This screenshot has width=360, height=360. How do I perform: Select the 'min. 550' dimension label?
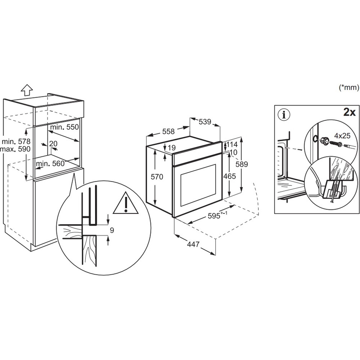click(64, 127)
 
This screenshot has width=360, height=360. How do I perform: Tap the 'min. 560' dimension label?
click(50, 163)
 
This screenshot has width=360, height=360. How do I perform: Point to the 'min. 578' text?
click(15, 141)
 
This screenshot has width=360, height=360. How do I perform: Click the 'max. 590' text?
click(15, 149)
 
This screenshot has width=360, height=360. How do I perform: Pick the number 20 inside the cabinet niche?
click(53, 144)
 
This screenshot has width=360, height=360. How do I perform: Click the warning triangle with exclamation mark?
click(126, 203)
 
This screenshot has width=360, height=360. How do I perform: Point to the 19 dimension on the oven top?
click(171, 148)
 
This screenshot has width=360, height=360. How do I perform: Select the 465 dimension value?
click(229, 176)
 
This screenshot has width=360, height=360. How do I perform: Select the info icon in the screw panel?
click(284, 115)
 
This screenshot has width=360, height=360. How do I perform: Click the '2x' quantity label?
click(349, 113)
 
